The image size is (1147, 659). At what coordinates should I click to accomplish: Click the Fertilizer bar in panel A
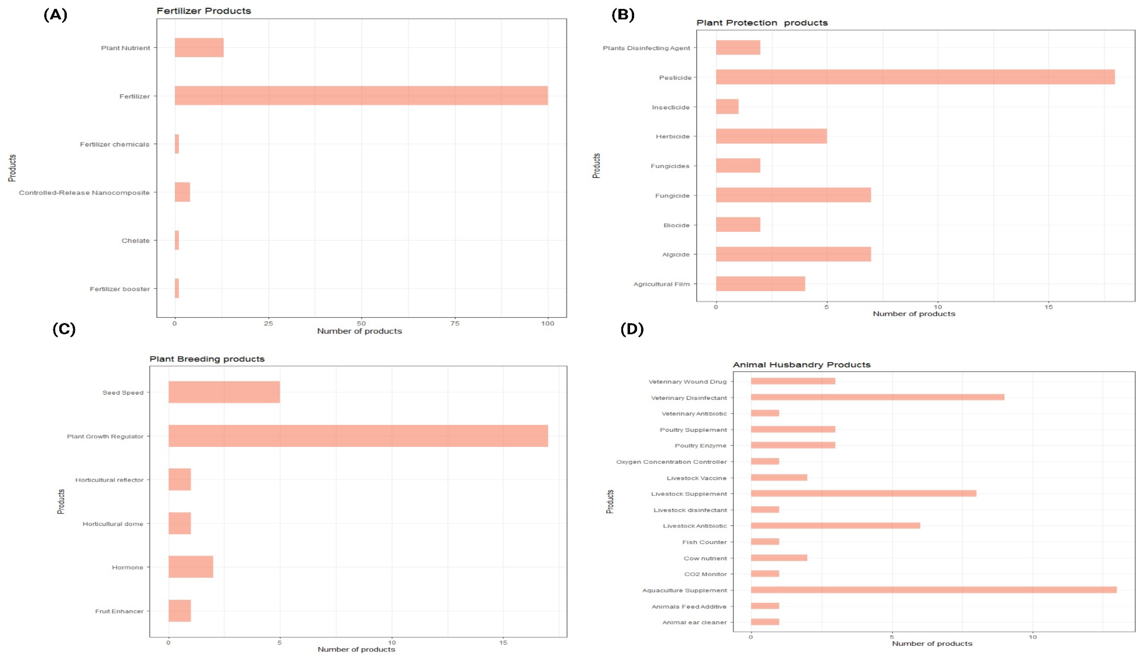click(x=361, y=95)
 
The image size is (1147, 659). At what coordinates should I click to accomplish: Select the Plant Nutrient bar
click(x=199, y=48)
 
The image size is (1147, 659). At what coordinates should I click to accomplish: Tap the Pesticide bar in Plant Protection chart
click(x=915, y=77)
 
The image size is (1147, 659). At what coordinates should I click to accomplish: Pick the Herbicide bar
click(x=771, y=136)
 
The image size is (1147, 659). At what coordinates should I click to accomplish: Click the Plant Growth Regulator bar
click(x=358, y=436)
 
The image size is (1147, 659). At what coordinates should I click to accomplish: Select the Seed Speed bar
click(x=224, y=392)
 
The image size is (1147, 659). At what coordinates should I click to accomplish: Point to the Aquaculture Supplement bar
click(x=933, y=590)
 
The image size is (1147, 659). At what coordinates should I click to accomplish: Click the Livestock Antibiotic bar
click(x=835, y=526)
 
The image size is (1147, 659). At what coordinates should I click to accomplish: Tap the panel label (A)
click(x=55, y=15)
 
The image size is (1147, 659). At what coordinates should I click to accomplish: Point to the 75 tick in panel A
click(x=455, y=323)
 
